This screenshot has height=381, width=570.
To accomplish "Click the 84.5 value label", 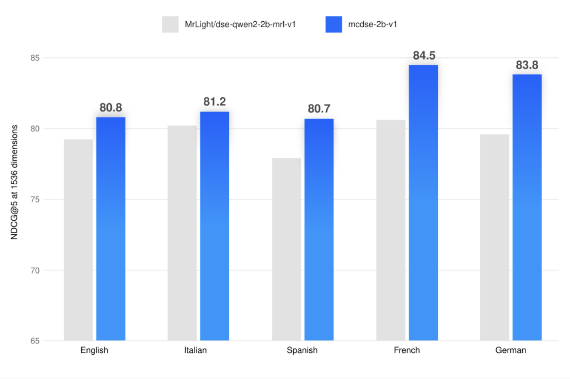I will click(x=424, y=56).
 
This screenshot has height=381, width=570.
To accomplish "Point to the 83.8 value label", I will click(x=527, y=65).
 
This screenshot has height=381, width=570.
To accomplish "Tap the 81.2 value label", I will click(x=214, y=102).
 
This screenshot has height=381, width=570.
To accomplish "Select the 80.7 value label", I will click(x=319, y=109).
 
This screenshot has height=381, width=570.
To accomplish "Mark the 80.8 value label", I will click(x=111, y=108).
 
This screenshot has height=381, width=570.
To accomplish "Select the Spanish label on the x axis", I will click(x=302, y=351).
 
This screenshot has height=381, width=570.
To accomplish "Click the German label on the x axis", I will click(x=510, y=351).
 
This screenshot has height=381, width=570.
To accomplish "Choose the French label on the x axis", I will click(x=407, y=351).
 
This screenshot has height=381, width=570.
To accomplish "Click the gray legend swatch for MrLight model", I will click(x=170, y=25).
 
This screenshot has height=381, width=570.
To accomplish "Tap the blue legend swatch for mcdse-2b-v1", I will click(x=333, y=25).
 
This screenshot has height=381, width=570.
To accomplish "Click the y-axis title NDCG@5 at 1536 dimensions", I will click(x=14, y=182).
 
